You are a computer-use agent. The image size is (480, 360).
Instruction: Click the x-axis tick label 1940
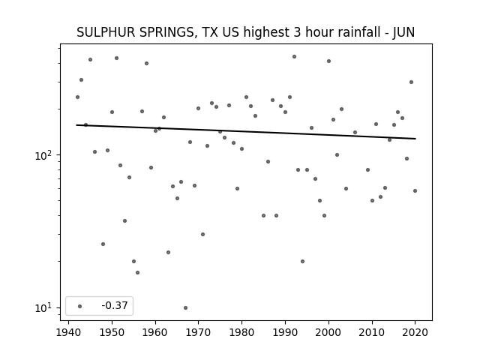point(68,332)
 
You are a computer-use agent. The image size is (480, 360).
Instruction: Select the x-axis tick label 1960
point(155,332)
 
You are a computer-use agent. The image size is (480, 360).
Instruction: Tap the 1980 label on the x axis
point(241,332)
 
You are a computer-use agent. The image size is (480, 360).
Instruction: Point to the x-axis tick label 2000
point(328,332)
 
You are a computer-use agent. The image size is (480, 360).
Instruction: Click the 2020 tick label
point(415,332)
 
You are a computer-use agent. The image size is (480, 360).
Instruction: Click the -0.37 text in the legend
point(115,305)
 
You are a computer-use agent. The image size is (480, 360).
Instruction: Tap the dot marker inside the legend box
point(80,306)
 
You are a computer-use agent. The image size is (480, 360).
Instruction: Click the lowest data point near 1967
point(185,308)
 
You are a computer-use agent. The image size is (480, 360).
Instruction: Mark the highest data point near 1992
point(294,57)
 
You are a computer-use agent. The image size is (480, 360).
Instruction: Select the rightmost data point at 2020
point(415,190)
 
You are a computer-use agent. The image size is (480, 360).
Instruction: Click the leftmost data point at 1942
point(77,97)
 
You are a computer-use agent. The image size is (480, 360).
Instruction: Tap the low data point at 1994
point(302,262)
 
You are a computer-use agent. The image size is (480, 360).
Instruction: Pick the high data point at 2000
point(328,61)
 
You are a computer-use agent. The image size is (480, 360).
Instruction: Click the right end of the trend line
point(415,139)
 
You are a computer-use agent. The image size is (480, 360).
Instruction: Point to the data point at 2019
point(411,82)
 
